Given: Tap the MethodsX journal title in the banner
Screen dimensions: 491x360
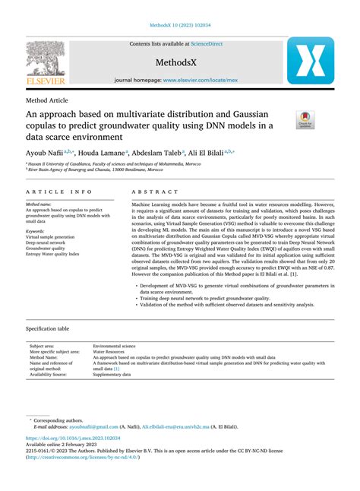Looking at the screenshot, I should (x=179, y=61).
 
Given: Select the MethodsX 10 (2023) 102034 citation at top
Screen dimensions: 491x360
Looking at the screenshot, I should (x=179, y=24).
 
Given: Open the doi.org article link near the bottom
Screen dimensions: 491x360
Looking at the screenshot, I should (x=74, y=439).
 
